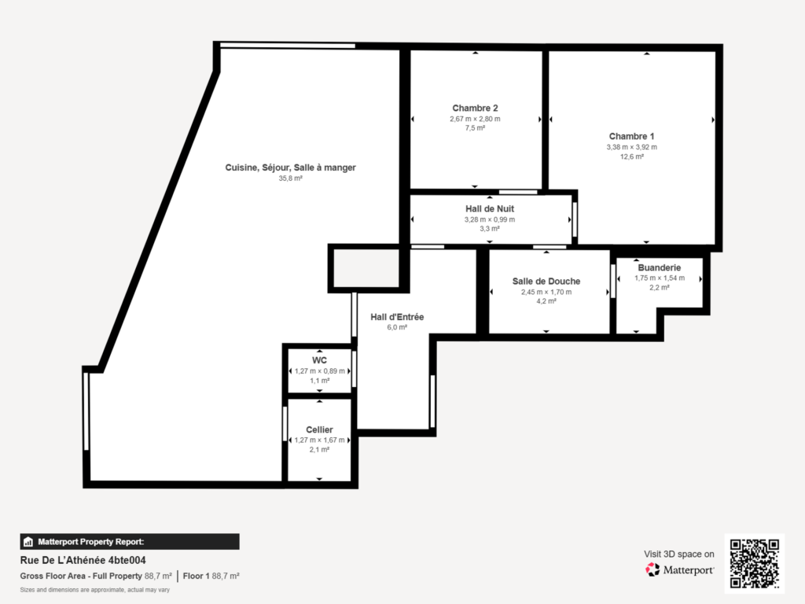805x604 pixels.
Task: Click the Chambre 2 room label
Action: click(475, 108)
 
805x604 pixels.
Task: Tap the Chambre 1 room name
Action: click(631, 136)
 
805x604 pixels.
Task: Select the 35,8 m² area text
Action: click(291, 179)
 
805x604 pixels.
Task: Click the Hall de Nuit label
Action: click(490, 208)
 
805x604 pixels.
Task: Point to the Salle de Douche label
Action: click(546, 281)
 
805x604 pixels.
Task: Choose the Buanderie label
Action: click(660, 267)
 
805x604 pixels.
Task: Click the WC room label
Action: click(319, 360)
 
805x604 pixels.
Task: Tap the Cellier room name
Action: click(319, 429)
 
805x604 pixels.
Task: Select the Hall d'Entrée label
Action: click(397, 317)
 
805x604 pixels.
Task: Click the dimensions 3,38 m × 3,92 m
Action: click(631, 147)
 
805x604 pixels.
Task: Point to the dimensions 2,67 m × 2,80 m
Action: click(475, 119)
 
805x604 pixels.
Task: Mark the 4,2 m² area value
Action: click(546, 301)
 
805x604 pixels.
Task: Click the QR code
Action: click(755, 563)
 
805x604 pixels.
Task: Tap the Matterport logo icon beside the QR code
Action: click(652, 569)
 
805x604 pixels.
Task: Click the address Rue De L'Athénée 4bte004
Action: click(83, 560)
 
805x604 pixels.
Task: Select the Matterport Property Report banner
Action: click(130, 542)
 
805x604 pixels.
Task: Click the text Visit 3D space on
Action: click(678, 554)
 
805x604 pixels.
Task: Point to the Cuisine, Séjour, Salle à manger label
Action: click(291, 168)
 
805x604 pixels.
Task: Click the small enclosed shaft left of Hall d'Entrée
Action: click(366, 268)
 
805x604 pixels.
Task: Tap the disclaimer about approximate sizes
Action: click(95, 590)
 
